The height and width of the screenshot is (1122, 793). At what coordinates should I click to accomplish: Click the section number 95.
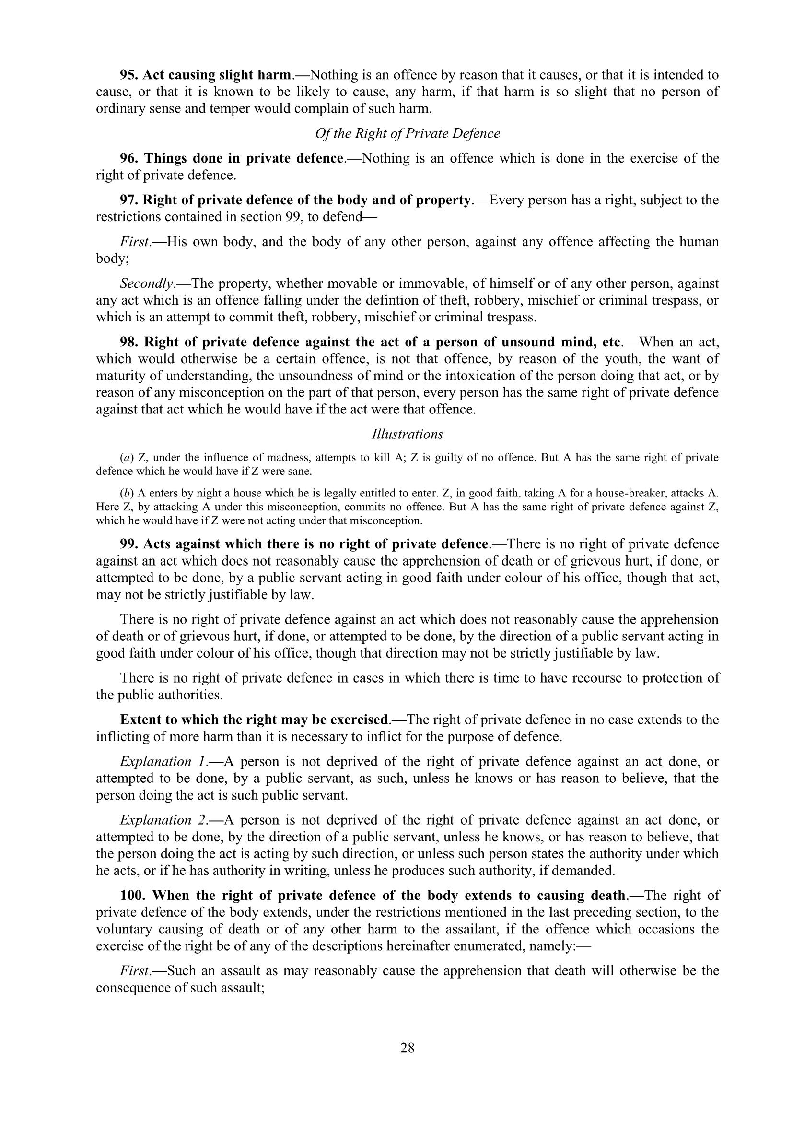(x=129, y=75)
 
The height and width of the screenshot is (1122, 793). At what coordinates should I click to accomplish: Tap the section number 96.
(x=129, y=158)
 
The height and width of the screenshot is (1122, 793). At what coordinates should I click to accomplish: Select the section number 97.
(x=129, y=200)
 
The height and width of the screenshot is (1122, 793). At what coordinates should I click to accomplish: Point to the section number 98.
(x=129, y=342)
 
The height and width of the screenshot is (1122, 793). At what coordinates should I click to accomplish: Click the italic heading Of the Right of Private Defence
(x=407, y=133)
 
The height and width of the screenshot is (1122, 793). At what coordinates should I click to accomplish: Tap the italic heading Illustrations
(x=407, y=434)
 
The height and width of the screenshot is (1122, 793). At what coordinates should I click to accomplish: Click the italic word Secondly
(x=147, y=283)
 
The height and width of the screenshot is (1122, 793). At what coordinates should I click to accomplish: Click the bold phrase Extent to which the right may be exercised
(x=254, y=720)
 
